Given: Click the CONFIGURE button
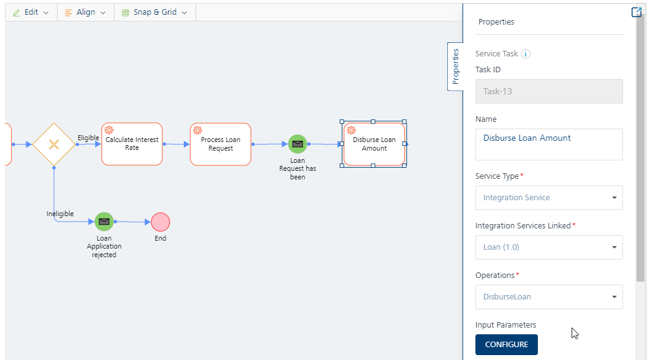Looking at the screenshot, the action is coord(506,344).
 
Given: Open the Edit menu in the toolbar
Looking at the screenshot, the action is coord(31,12).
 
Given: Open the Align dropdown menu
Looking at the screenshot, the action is coord(85,12).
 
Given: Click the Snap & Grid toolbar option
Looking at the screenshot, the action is coord(154,12).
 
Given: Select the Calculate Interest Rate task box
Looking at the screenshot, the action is coord(132,144).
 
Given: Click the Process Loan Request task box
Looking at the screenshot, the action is coord(221,144).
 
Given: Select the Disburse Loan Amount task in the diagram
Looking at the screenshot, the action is coord(374,144).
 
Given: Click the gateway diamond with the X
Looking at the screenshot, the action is coord(54,144).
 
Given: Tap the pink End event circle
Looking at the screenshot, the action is coord(161,222).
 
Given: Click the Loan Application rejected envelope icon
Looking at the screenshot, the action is coord(104,222).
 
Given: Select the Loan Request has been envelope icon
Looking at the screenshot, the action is coord(298,144).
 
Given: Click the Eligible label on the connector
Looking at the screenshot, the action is coord(88,138).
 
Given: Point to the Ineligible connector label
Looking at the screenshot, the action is coord(60,214).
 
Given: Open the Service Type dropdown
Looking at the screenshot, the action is coord(549,198).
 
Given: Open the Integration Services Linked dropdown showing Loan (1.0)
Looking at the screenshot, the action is coord(549,247).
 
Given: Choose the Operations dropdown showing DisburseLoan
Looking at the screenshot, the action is coord(549,296).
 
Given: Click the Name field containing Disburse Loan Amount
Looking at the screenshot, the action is coord(549,144).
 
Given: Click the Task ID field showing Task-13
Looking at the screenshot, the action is coord(549,91).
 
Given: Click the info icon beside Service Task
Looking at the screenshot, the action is coord(525,54).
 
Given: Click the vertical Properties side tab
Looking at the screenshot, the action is coord(455,66).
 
